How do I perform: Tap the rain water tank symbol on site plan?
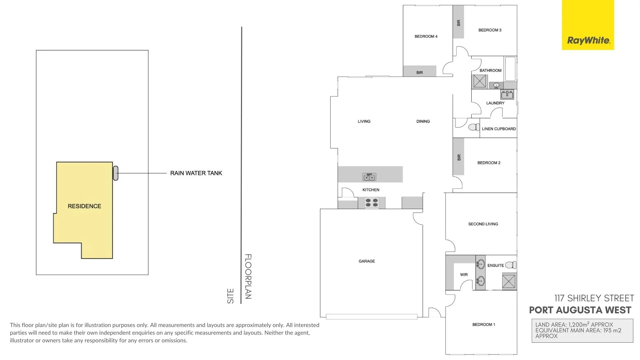[116, 173]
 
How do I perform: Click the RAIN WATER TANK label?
[196, 173]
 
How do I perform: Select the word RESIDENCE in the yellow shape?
[84, 206]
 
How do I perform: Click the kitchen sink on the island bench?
[369, 177]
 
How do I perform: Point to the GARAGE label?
[367, 261]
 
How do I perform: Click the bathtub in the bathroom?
[510, 69]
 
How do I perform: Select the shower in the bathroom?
[480, 81]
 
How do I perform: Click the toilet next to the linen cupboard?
[474, 127]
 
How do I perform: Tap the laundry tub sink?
[507, 94]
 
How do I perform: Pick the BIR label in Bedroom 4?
[420, 72]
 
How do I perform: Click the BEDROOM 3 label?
[490, 30]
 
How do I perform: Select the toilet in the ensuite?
[511, 265]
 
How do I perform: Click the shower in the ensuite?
[509, 281]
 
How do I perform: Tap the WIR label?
[464, 275]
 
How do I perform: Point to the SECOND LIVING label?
[483, 224]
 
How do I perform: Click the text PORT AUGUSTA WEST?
[580, 310]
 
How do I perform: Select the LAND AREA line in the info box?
[574, 324]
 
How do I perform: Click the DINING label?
[423, 121]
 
